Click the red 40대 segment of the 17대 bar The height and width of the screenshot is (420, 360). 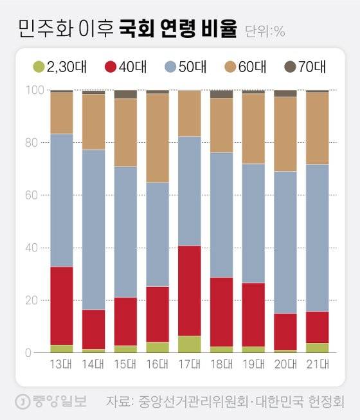tap(189, 291)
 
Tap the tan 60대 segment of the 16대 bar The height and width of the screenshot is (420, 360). tap(157, 138)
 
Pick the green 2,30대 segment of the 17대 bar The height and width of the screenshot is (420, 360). tap(189, 344)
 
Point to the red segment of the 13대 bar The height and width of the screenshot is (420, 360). tap(62, 306)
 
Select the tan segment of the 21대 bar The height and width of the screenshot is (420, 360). tap(318, 128)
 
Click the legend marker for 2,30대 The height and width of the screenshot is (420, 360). tap(39, 66)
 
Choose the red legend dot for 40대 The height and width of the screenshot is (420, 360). tap(110, 66)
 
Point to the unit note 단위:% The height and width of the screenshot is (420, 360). tap(265, 32)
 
